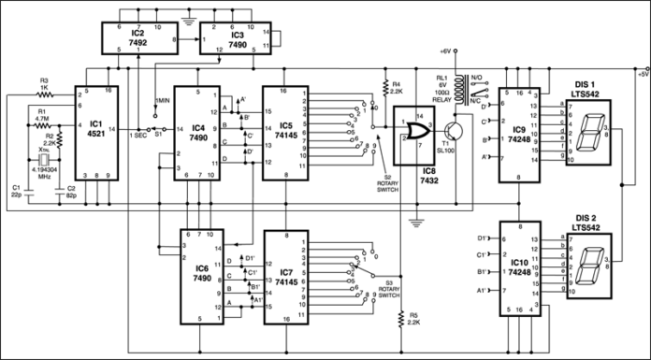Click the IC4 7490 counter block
click(197, 127)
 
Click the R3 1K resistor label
click(44, 86)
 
